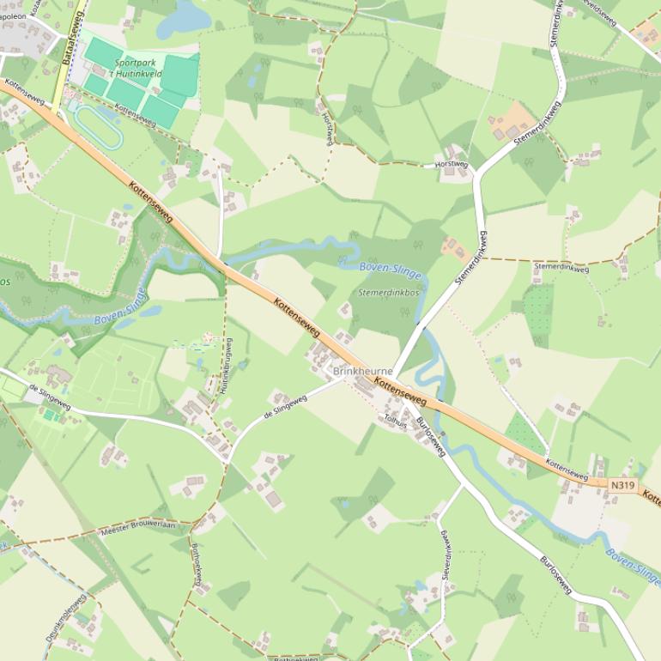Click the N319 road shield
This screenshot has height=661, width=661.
pyautogui.click(x=623, y=486)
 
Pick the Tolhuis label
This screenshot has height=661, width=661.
pyautogui.click(x=396, y=420)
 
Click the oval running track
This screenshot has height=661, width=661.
pyautogui.click(x=96, y=127)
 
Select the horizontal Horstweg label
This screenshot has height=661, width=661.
pyautogui.click(x=452, y=163)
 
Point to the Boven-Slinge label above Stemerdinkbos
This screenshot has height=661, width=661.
pyautogui.click(x=391, y=270)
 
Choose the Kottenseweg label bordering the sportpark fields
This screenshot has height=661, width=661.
pyautogui.click(x=134, y=116)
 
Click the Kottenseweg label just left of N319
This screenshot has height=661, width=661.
pyautogui.click(x=567, y=470)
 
